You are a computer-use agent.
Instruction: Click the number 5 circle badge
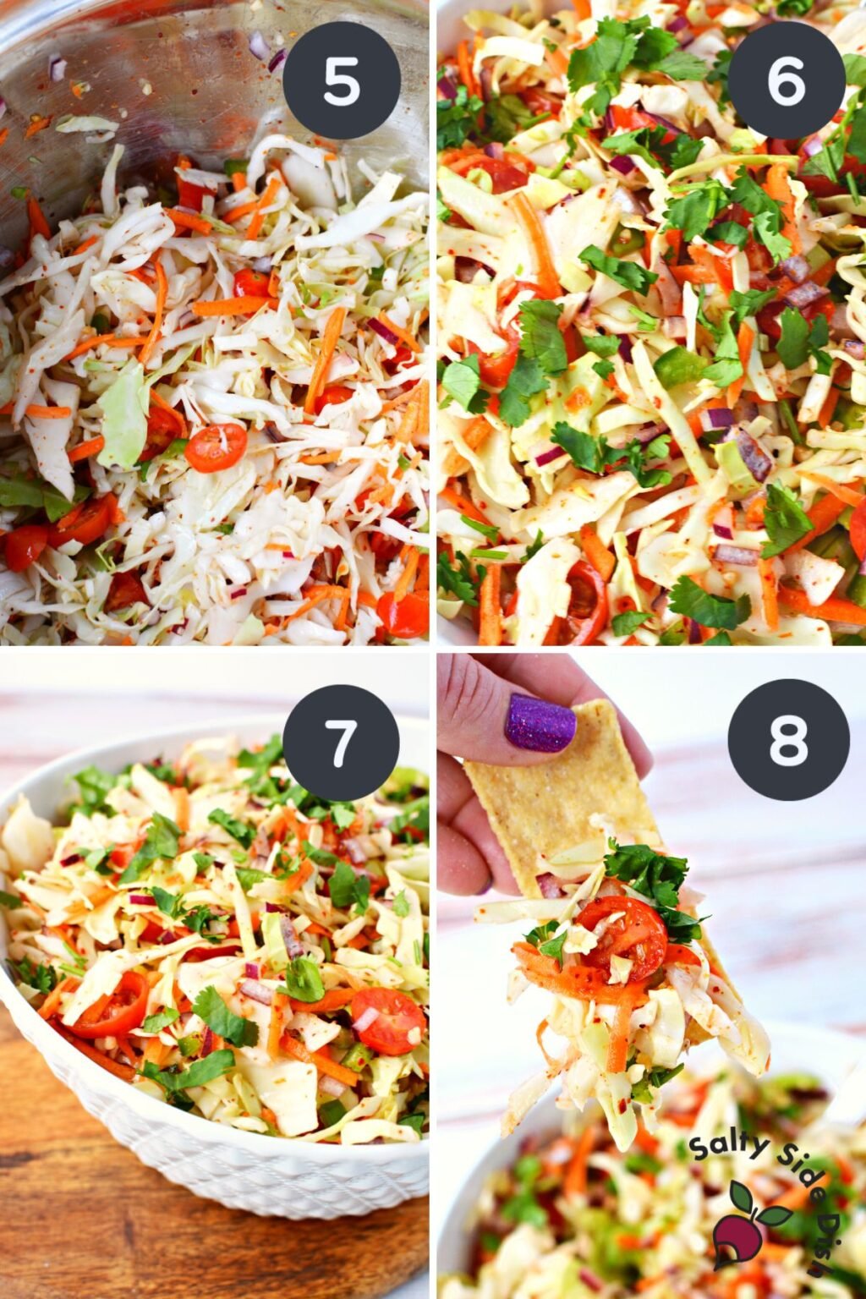point(341,80)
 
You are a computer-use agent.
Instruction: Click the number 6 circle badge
point(786,80)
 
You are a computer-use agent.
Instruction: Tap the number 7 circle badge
point(341,743)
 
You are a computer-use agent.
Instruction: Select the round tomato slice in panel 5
point(216,447)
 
